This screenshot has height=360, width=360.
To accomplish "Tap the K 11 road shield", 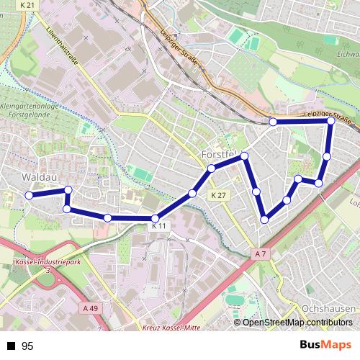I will click(x=159, y=226).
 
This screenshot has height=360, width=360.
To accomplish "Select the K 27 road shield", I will click(x=219, y=195).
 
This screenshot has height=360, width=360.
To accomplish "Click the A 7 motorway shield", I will click(x=260, y=253).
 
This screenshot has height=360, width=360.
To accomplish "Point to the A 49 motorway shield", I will click(x=89, y=308).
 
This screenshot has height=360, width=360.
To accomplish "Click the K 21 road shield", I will click(x=27, y=5).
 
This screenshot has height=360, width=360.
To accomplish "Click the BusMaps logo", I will click(x=325, y=346).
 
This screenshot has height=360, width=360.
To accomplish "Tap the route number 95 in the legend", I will click(x=28, y=346).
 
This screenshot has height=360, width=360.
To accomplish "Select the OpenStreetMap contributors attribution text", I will click(x=297, y=322).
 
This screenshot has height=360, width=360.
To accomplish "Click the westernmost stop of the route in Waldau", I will click(x=30, y=195).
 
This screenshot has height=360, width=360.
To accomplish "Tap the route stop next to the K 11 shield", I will click(x=155, y=218).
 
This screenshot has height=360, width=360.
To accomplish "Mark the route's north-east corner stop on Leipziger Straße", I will click(x=331, y=122).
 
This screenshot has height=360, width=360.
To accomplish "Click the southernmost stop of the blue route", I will click(x=265, y=219).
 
